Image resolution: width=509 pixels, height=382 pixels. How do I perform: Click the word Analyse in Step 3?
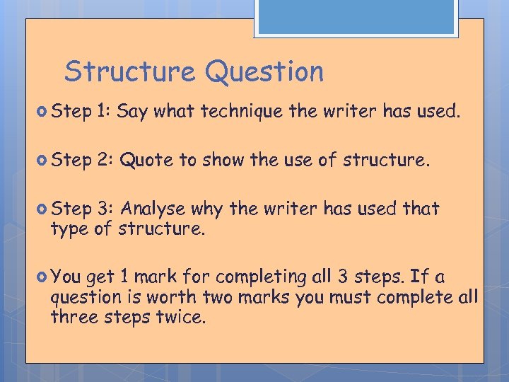click(x=156, y=209)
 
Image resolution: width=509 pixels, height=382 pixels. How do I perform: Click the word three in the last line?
click(x=72, y=317)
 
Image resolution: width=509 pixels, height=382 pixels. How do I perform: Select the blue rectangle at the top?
click(x=356, y=16)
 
